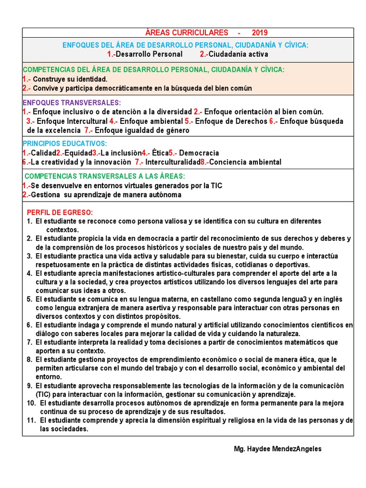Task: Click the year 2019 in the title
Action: click(260, 33)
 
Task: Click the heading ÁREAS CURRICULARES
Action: click(186, 33)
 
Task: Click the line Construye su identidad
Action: click(70, 79)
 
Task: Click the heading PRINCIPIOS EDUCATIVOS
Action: click(65, 143)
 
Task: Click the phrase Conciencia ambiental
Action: click(245, 162)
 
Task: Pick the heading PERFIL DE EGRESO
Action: click(60, 212)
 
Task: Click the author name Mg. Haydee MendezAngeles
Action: click(278, 449)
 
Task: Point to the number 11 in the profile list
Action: click(31, 420)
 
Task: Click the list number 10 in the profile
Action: click(31, 403)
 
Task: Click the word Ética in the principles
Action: click(161, 153)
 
